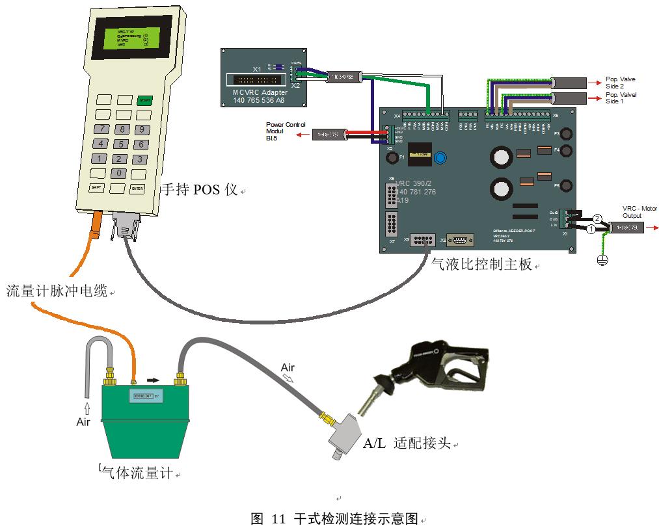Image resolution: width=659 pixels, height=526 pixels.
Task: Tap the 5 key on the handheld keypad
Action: [120, 144]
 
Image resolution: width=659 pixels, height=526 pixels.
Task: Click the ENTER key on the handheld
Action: [137, 189]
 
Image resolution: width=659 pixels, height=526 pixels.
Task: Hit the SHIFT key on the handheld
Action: [97, 187]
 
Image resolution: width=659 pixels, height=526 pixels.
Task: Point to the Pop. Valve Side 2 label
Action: [620, 83]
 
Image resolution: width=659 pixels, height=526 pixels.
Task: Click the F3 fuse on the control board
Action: [565, 135]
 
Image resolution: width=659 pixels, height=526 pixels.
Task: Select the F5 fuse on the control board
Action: [565, 186]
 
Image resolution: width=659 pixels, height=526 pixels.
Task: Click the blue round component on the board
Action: [442, 157]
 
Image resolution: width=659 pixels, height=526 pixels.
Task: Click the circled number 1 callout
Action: [591, 229]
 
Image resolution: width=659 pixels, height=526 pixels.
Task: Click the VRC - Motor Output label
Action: [639, 212]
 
